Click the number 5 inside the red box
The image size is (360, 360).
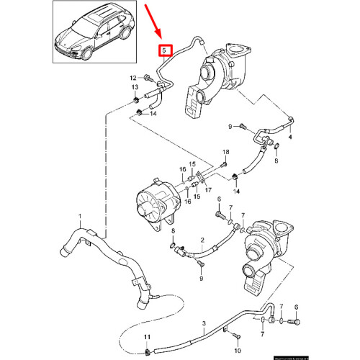pyautogui.click(x=165, y=50)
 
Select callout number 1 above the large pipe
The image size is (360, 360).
pyautogui.click(x=81, y=216)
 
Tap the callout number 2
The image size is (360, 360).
pyautogui.click(x=204, y=239)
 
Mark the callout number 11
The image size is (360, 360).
pyautogui.click(x=147, y=338)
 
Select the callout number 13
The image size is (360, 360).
pyautogui.click(x=134, y=88)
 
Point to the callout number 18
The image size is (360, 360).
pyautogui.click(x=225, y=152)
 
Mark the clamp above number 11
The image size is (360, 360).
pyautogui.click(x=147, y=351)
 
